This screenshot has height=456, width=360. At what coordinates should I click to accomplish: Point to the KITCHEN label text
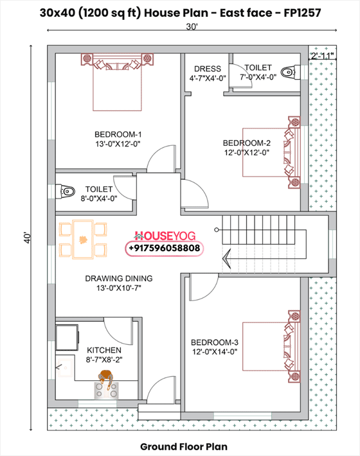(x=104, y=350)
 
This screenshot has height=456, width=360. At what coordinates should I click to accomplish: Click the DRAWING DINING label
(x=118, y=279)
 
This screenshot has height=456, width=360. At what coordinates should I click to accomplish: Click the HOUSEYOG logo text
(x=166, y=236)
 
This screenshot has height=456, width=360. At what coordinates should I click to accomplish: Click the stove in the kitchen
(x=107, y=385)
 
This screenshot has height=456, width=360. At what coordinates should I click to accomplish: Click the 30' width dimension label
(x=192, y=27)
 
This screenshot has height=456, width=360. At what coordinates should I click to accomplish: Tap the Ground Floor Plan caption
(x=183, y=446)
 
